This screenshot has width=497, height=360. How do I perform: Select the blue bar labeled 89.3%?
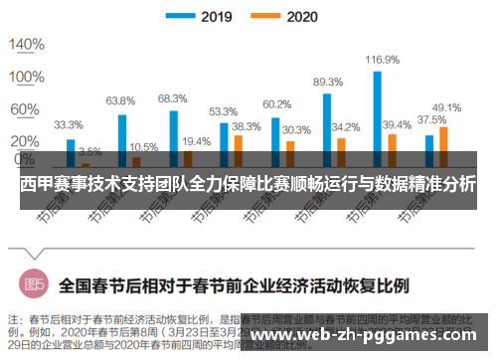[x=327, y=123]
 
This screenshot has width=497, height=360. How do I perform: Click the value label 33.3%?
[x=68, y=125]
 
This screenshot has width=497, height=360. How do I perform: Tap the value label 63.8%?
[x=120, y=100]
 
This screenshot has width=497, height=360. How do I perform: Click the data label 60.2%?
[x=275, y=103]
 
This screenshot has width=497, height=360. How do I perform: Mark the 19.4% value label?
[x=196, y=141]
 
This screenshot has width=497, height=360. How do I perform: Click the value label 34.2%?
[x=345, y=127]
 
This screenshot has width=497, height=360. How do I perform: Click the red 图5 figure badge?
[x=35, y=284]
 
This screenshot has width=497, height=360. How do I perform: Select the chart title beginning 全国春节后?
[x=233, y=285]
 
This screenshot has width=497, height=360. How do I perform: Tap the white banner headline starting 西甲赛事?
[x=248, y=186]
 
